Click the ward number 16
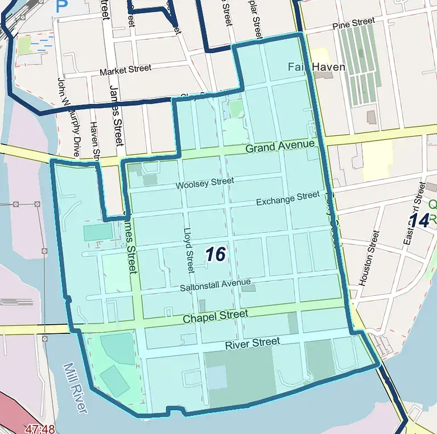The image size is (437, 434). pyautogui.click(x=216, y=254)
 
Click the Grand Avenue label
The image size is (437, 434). pyautogui.click(x=280, y=147)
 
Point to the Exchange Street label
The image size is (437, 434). pyautogui.click(x=288, y=199)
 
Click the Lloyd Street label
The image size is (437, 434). pyautogui.click(x=189, y=250)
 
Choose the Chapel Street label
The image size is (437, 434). pyautogui.click(x=215, y=316)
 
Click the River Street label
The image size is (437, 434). pyautogui.click(x=252, y=344)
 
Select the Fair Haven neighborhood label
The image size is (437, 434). pyautogui.click(x=316, y=67)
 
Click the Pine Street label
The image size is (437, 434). pyautogui.click(x=354, y=23)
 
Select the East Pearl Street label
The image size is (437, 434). pyautogui.click(x=414, y=213)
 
